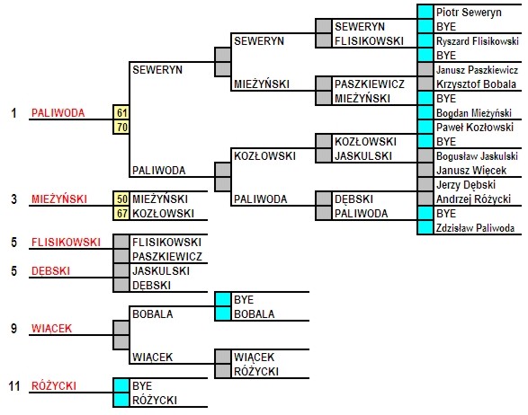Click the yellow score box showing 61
pos(121,112)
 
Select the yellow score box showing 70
pos(121,128)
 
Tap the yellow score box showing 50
pos(121,199)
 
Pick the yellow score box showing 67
pos(121,213)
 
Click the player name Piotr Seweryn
pos(469,13)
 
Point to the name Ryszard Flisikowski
pos(477,41)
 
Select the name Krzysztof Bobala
pos(476,84)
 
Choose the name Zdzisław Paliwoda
pos(475,228)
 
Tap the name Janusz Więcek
pos(471,171)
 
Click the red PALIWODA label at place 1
pos(58,112)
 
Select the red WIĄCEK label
pos(51,328)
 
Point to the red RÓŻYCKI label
pos(54,385)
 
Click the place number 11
pos(14,385)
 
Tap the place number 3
pos(13,199)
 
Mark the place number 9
pos(13,328)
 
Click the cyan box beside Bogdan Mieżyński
pos(425,112)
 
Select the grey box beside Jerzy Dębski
pos(425,185)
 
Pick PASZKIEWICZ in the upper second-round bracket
pos(370,84)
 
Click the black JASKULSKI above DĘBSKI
pos(161,270)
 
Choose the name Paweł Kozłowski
pos(475,128)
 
